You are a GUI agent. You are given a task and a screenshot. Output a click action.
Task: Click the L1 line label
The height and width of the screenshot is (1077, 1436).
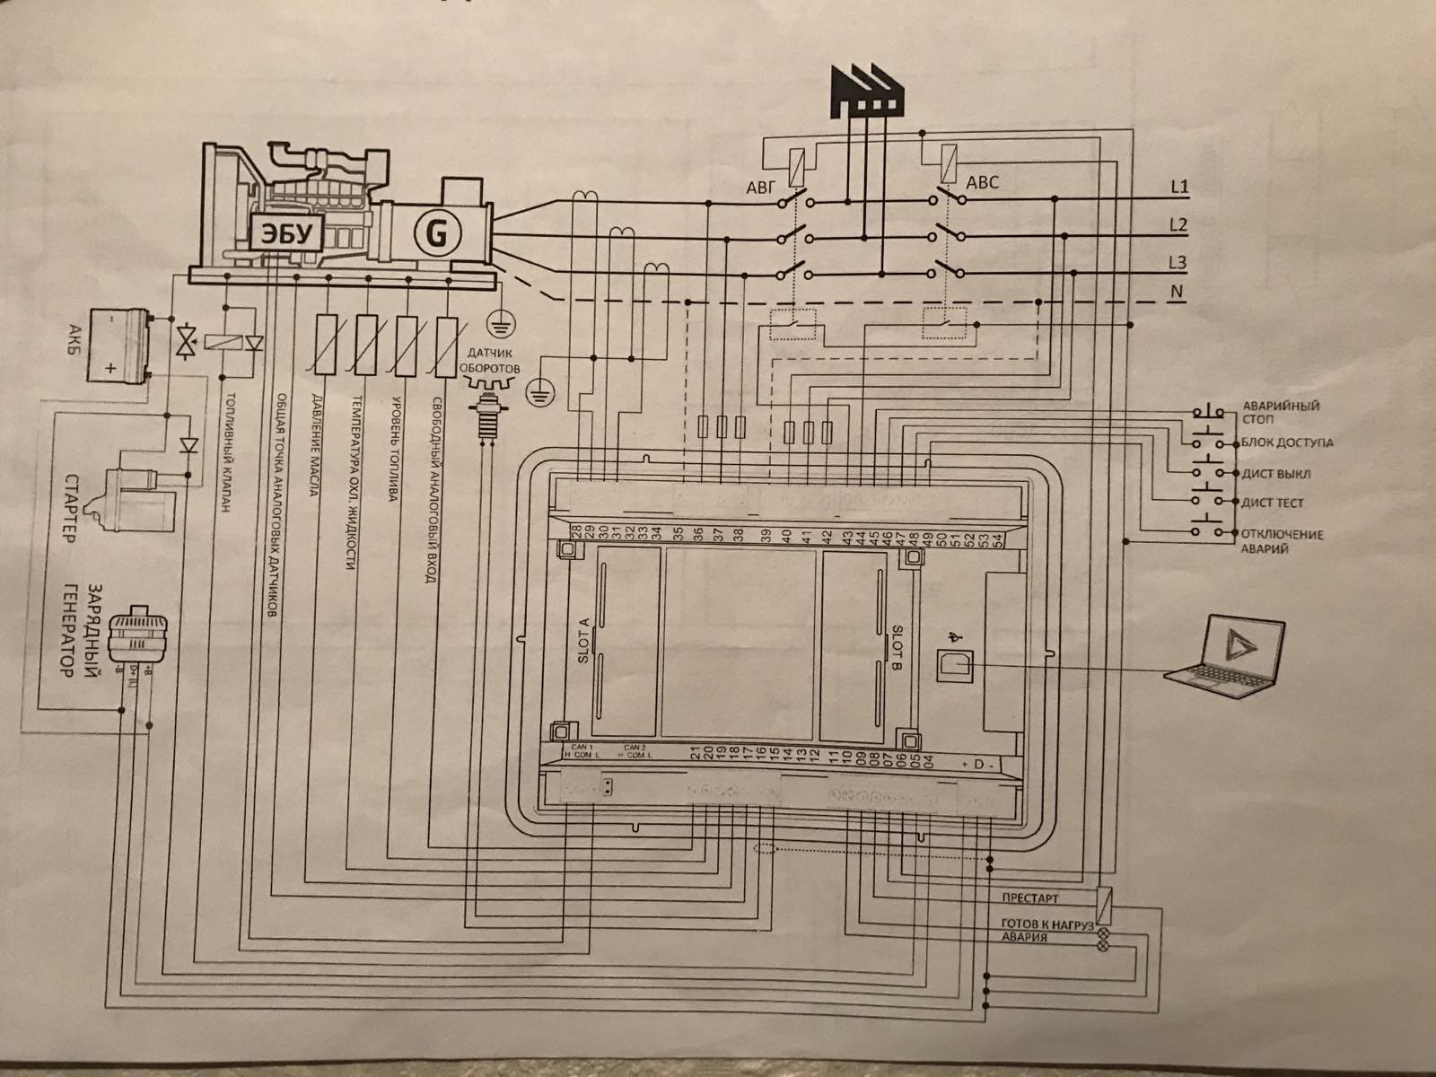[x=1179, y=188]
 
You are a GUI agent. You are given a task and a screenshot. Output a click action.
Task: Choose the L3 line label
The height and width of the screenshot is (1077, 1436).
[x=1179, y=263]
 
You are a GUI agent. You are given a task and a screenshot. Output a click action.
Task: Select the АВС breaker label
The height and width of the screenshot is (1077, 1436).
[x=982, y=183]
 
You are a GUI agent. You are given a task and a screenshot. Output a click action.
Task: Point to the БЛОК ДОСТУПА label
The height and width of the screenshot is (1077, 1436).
[x=1287, y=442]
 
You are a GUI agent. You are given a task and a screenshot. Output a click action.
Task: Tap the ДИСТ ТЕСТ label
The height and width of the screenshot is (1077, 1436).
[x=1273, y=503]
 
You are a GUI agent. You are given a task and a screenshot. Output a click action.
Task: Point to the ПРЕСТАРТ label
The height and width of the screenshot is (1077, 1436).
[x=1029, y=898]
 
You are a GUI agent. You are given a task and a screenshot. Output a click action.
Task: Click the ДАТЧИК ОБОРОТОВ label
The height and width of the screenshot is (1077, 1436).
[x=487, y=360]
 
